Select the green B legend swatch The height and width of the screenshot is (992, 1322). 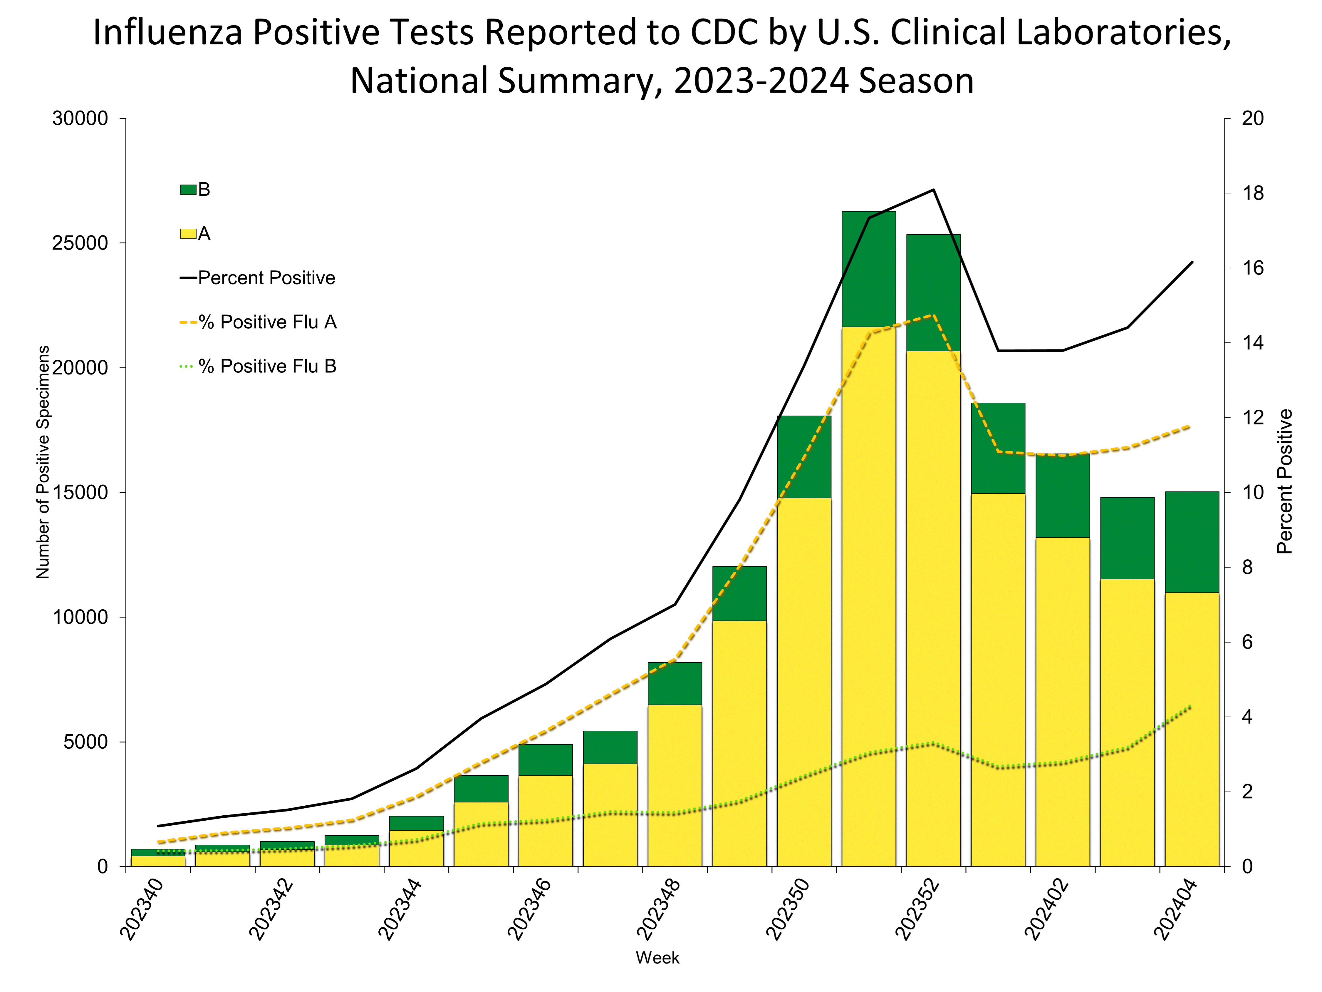point(188,190)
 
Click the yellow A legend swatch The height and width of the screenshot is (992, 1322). point(188,234)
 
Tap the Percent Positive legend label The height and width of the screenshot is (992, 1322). point(266,278)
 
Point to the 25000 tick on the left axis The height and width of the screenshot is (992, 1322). point(80,243)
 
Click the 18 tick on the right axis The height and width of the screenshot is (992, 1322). point(1253,193)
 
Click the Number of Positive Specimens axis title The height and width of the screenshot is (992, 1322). point(43,462)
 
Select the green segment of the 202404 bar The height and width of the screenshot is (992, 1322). point(1192,542)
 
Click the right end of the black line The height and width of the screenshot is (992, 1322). point(1192,262)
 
